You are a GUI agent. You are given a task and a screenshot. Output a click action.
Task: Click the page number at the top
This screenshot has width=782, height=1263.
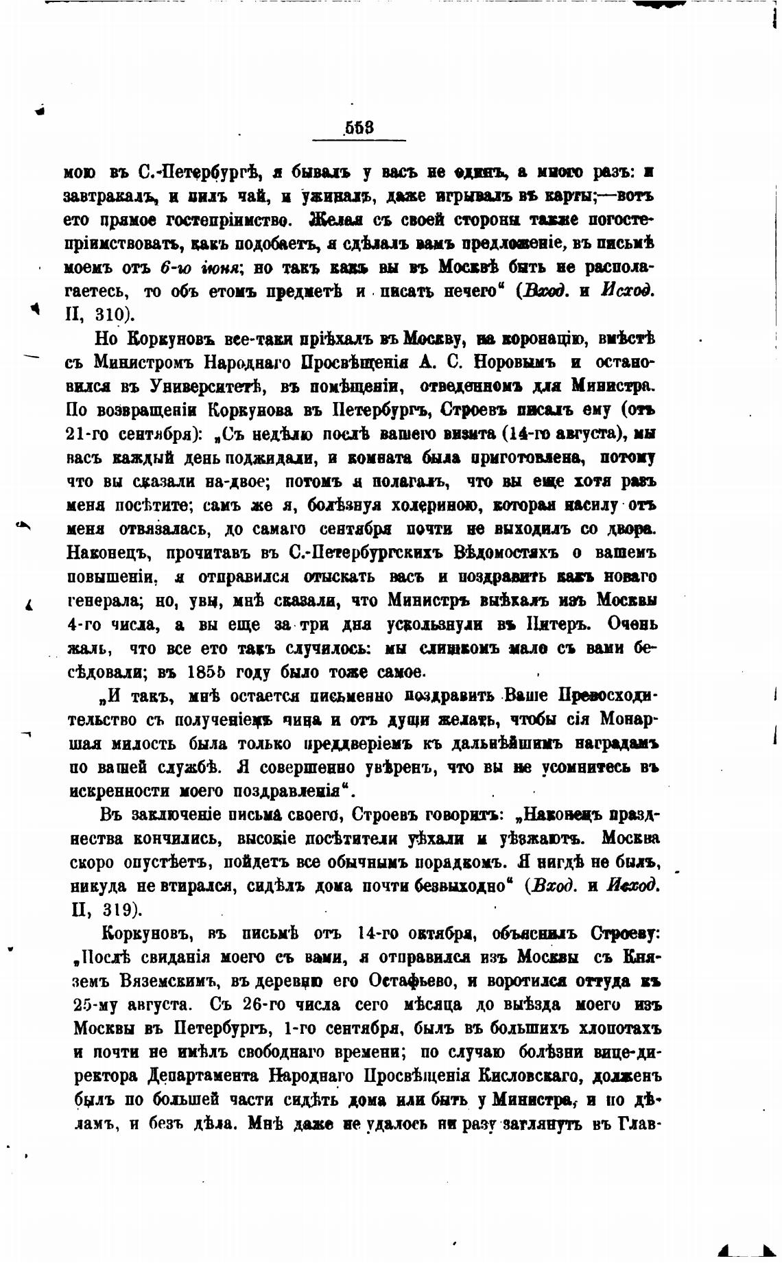pyautogui.click(x=359, y=128)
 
